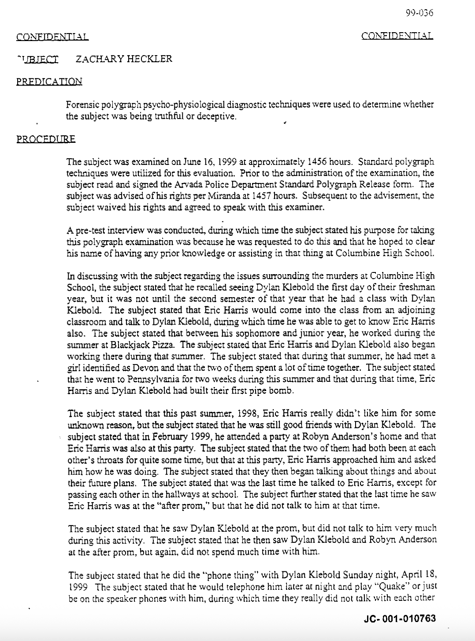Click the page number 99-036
(419, 13)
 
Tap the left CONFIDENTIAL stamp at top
(52, 37)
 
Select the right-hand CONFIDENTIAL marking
(397, 36)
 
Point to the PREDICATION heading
(49, 82)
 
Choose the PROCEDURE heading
(46, 139)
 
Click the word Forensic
(82, 105)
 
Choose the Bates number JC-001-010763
(400, 619)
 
